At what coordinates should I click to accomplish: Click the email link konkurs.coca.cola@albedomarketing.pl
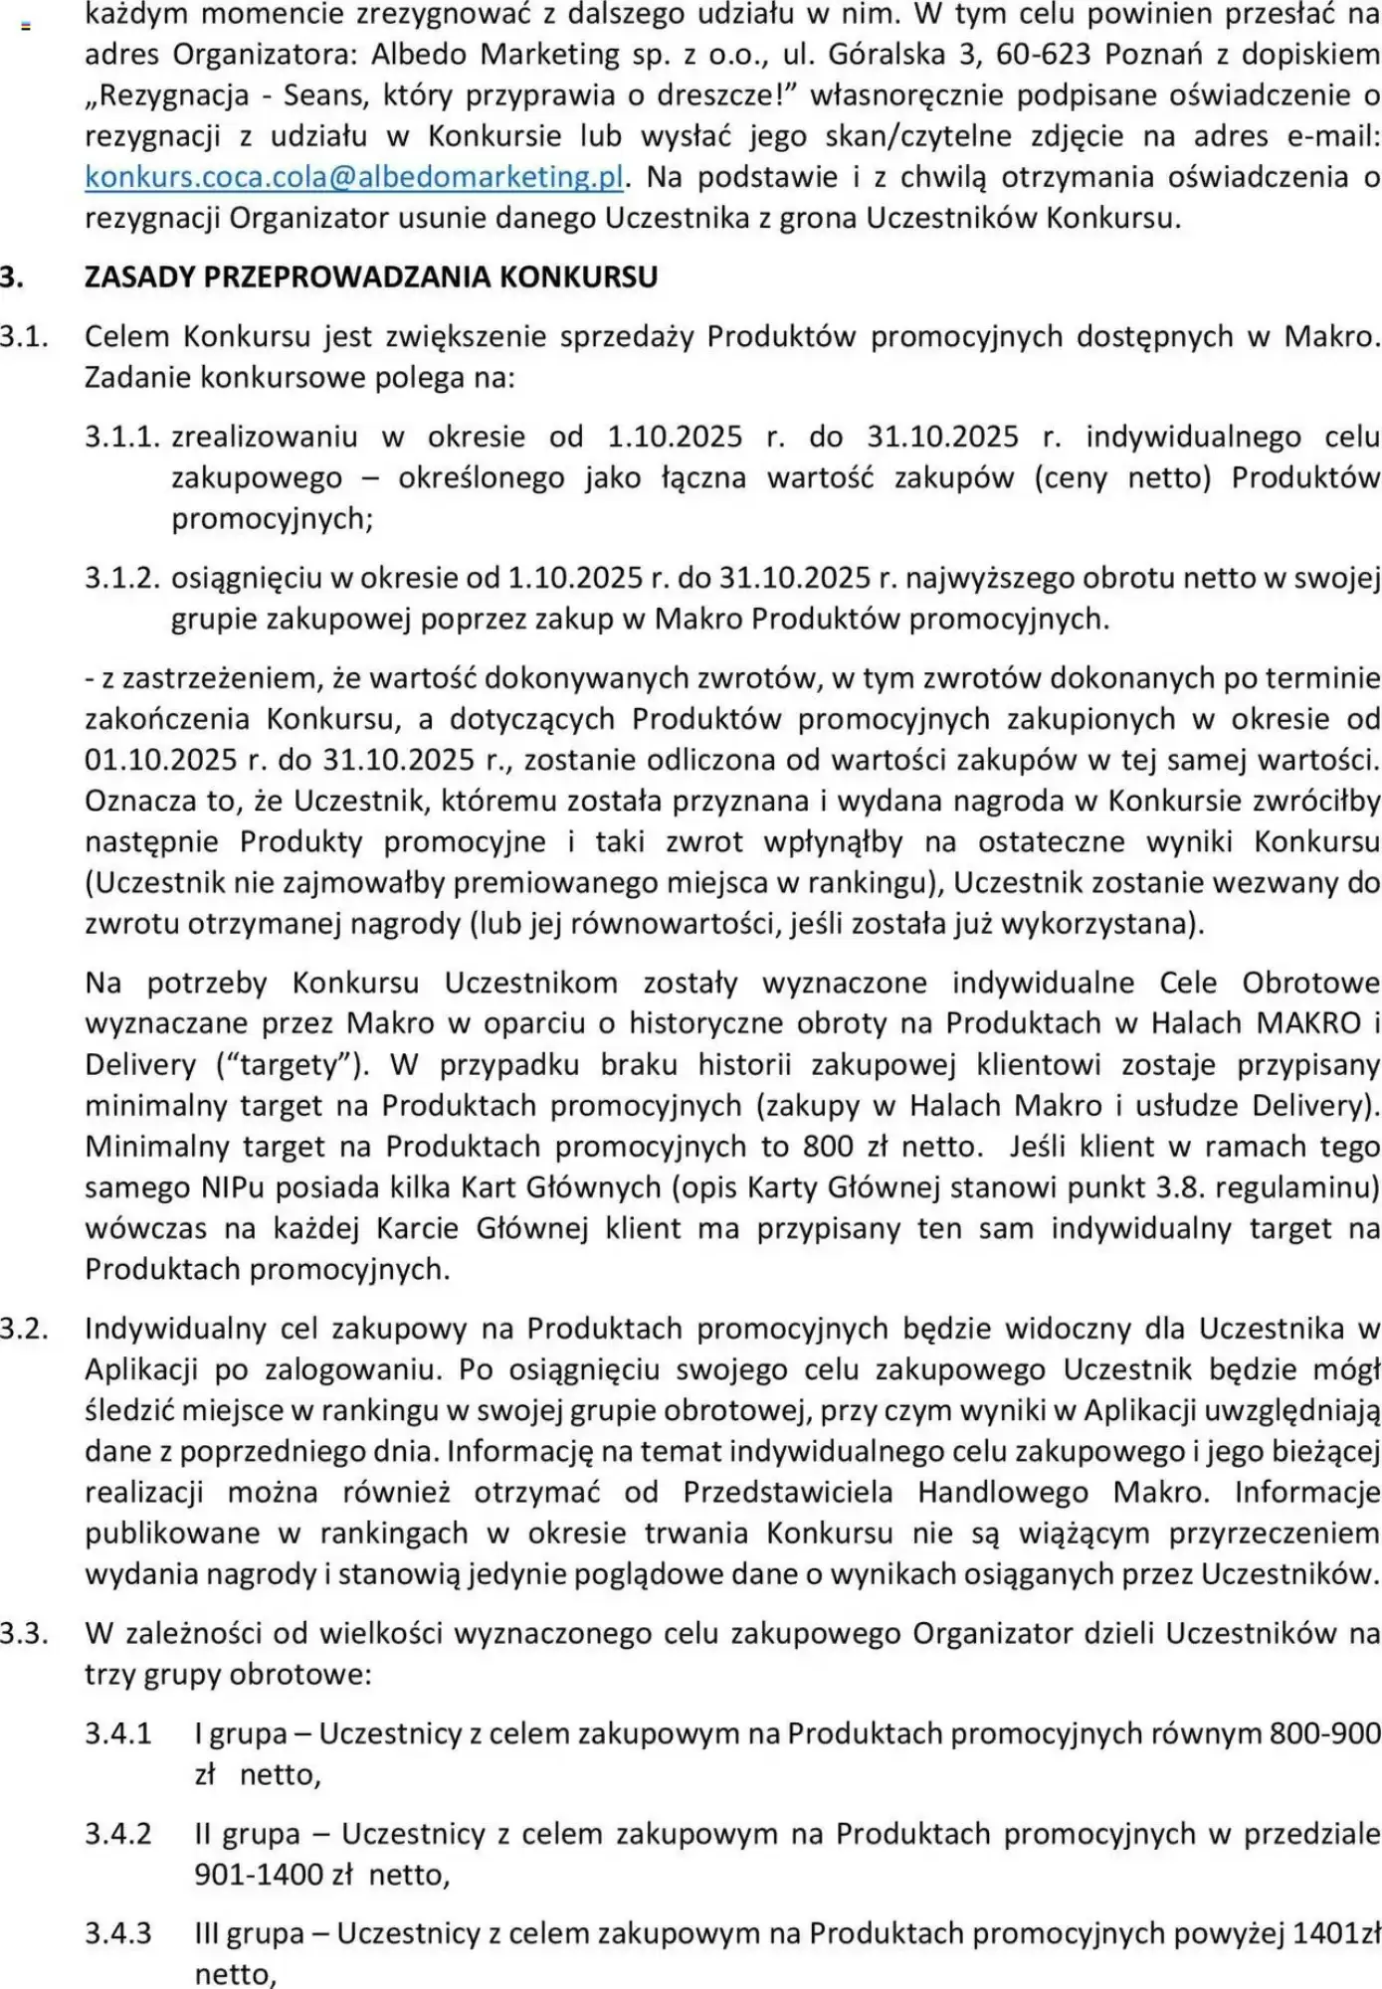tap(354, 177)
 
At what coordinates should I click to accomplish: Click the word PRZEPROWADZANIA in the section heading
tap(347, 276)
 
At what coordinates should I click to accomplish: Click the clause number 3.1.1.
tap(121, 437)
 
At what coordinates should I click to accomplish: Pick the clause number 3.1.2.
tap(121, 578)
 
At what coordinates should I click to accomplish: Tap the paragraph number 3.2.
tap(24, 1329)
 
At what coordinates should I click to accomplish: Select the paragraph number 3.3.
tap(24, 1633)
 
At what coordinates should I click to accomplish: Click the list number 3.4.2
tap(118, 1834)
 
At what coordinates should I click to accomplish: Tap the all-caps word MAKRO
tap(1308, 1023)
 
